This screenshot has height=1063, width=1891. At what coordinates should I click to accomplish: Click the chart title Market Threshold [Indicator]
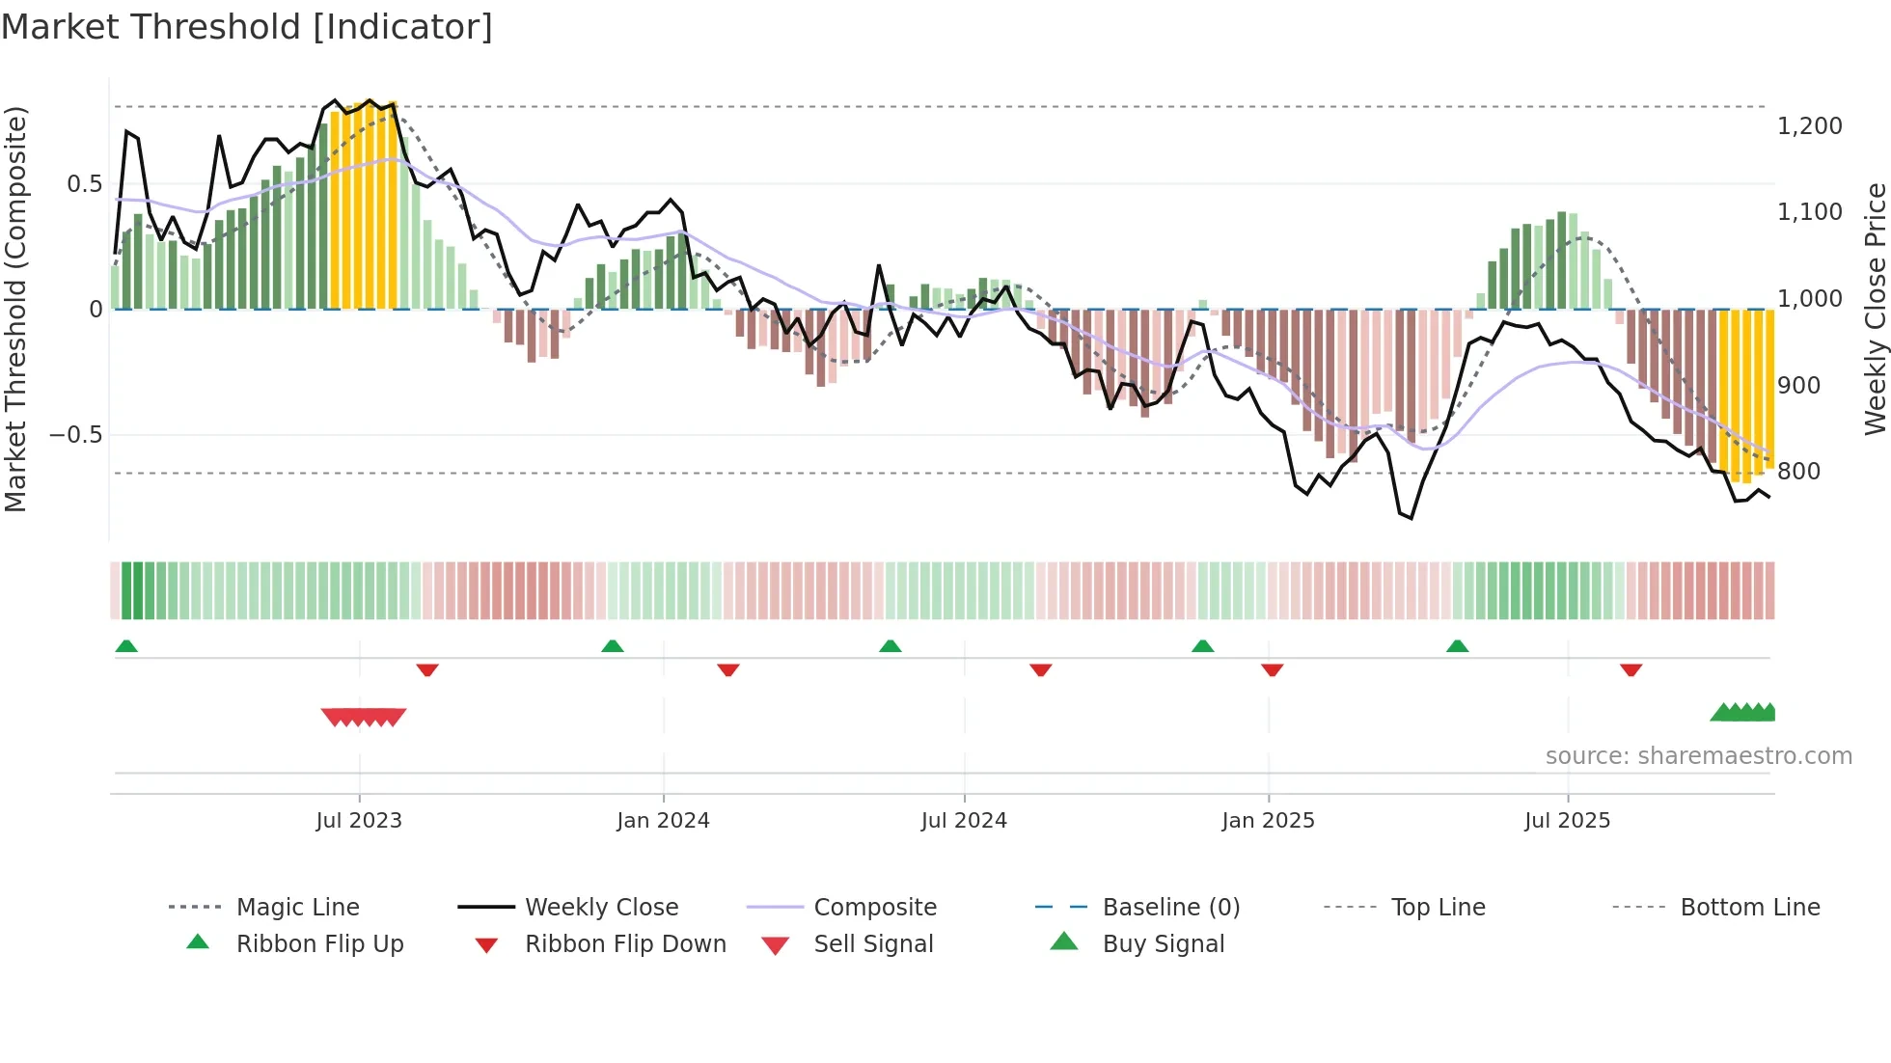coord(247,27)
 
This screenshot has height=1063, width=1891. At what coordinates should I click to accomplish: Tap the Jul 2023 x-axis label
coord(359,821)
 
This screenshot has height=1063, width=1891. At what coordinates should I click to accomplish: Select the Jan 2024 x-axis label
coord(663,821)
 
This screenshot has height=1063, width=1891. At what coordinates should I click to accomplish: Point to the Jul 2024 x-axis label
coord(964,821)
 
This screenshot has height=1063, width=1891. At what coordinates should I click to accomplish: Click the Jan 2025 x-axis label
coord(1268,821)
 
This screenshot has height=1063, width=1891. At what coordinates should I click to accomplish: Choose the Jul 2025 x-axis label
coord(1567,821)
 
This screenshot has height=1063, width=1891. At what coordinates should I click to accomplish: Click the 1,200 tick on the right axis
coord(1809,126)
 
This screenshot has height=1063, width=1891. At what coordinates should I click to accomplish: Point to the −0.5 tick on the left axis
coord(75,435)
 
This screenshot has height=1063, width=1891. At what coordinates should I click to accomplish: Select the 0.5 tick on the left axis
coord(84,184)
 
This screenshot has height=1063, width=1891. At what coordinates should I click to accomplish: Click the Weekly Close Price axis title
coord(1875,309)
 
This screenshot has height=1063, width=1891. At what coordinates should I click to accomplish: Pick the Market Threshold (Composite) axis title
coord(15,309)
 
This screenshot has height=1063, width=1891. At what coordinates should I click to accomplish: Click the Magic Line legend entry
coord(297,908)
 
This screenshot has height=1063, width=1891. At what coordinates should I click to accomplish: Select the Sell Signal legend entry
coord(872,944)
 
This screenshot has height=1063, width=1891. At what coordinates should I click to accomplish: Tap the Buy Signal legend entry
coord(1163,944)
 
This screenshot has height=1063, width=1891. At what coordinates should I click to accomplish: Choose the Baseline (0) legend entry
coord(1170,908)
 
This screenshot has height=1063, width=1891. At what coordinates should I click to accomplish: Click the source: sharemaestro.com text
coord(1698,756)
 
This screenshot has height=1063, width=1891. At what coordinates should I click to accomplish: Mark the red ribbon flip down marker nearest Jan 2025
coord(1272,669)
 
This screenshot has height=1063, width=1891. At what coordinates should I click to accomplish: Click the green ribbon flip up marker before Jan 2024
coord(612,646)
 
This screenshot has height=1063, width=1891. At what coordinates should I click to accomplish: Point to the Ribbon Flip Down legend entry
coord(624,944)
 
